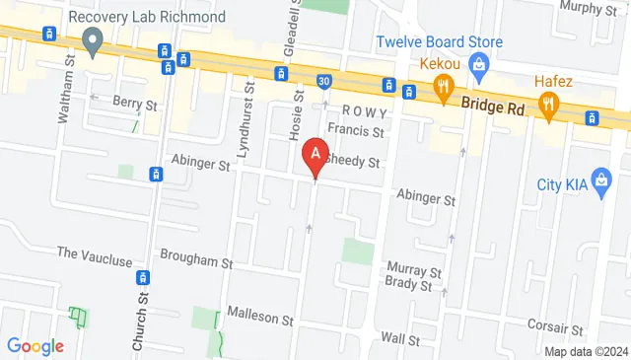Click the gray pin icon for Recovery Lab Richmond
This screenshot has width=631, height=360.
click(94, 41)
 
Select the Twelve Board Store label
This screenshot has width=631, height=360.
click(439, 42)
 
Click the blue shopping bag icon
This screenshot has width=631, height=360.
click(479, 67)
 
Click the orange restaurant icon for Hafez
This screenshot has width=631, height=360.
click(547, 102)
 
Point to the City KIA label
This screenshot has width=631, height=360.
click(562, 184)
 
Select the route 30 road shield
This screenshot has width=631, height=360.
click(323, 80)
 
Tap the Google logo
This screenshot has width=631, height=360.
click(35, 346)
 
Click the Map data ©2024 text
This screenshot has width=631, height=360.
click(586, 351)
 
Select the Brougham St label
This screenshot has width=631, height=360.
click(196, 263)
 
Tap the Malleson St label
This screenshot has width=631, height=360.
click(260, 319)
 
